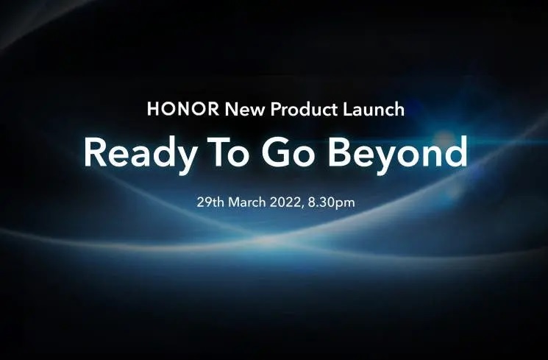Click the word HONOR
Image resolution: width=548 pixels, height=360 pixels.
click(x=182, y=110)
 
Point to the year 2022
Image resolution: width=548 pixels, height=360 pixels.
click(x=290, y=201)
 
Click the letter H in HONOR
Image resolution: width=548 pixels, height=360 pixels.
click(x=152, y=110)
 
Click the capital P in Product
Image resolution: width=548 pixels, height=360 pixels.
click(x=276, y=110)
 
